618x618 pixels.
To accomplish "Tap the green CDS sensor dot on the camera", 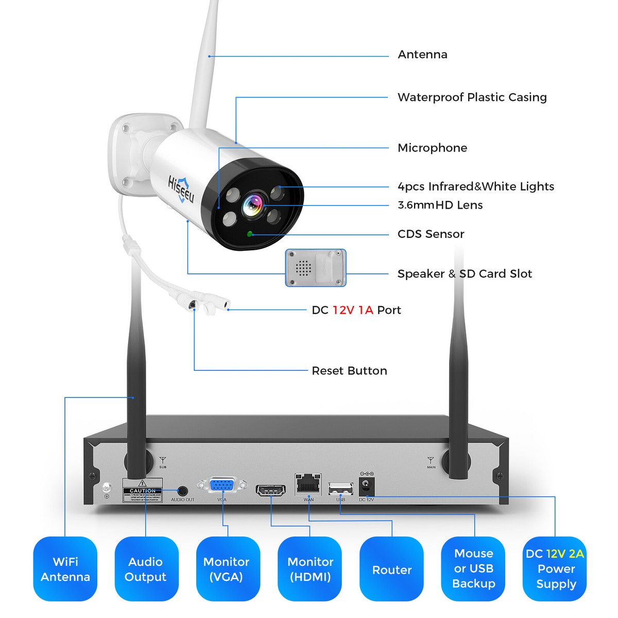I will pyautogui.click(x=250, y=234).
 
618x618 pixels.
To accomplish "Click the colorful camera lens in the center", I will pyautogui.click(x=253, y=204).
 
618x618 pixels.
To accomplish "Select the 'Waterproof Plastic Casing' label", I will pyautogui.click(x=472, y=97).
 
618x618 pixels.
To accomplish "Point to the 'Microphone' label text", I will pyautogui.click(x=432, y=148).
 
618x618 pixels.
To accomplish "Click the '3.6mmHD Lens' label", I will pyautogui.click(x=440, y=205).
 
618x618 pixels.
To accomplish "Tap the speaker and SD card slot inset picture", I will pyautogui.click(x=316, y=268).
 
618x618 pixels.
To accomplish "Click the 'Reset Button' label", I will pyautogui.click(x=349, y=371).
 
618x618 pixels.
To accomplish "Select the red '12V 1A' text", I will pyautogui.click(x=353, y=310).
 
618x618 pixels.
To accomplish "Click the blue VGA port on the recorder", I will pyautogui.click(x=222, y=486).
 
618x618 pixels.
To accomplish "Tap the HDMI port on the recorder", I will pyautogui.click(x=271, y=489).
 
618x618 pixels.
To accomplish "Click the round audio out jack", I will pyautogui.click(x=182, y=491).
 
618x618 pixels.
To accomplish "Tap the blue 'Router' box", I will pyautogui.click(x=392, y=569).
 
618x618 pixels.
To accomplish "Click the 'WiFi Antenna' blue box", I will pyautogui.click(x=65, y=569).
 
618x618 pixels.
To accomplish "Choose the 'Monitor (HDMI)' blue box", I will pyautogui.click(x=310, y=569).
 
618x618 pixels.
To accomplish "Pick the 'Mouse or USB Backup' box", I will pyautogui.click(x=473, y=569).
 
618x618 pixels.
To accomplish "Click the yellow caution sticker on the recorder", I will pyautogui.click(x=142, y=491).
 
